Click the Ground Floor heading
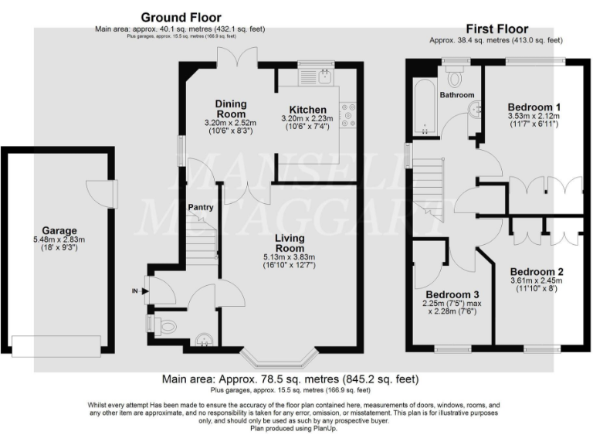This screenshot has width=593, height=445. pos(181,17)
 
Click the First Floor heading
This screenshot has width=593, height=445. pos(496,29)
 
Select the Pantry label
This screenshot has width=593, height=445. pos(200,207)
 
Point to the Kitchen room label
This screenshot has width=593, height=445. pos(308,110)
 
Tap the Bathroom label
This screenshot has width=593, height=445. pos(457,95)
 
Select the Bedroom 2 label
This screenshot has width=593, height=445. pos(537,271)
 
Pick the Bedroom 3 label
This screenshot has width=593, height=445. pos(454,294)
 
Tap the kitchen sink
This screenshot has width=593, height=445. pos(325,76)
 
